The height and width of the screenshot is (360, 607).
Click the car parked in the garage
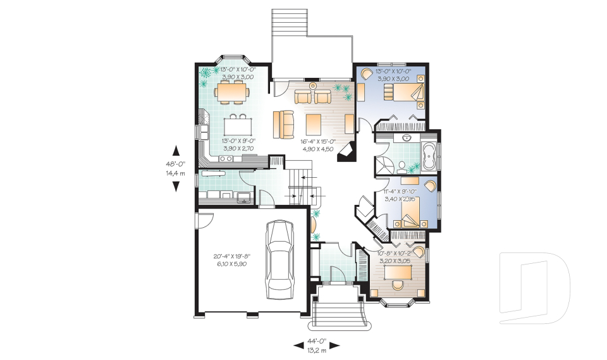(279, 259)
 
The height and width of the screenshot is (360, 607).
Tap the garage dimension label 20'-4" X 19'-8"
(232, 256)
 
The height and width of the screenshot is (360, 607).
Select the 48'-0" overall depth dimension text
(175, 163)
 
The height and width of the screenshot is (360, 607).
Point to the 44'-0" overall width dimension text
(317, 342)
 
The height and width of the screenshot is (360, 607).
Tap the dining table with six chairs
(231, 92)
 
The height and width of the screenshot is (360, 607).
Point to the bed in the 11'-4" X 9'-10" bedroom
(411, 214)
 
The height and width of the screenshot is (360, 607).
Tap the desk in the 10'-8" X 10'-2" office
(398, 273)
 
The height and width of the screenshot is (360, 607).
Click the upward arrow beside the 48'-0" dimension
(176, 151)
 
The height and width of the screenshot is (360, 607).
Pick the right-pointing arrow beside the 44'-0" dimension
(335, 345)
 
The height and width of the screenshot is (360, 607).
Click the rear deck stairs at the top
(289, 22)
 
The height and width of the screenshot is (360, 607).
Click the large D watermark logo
(534, 288)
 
